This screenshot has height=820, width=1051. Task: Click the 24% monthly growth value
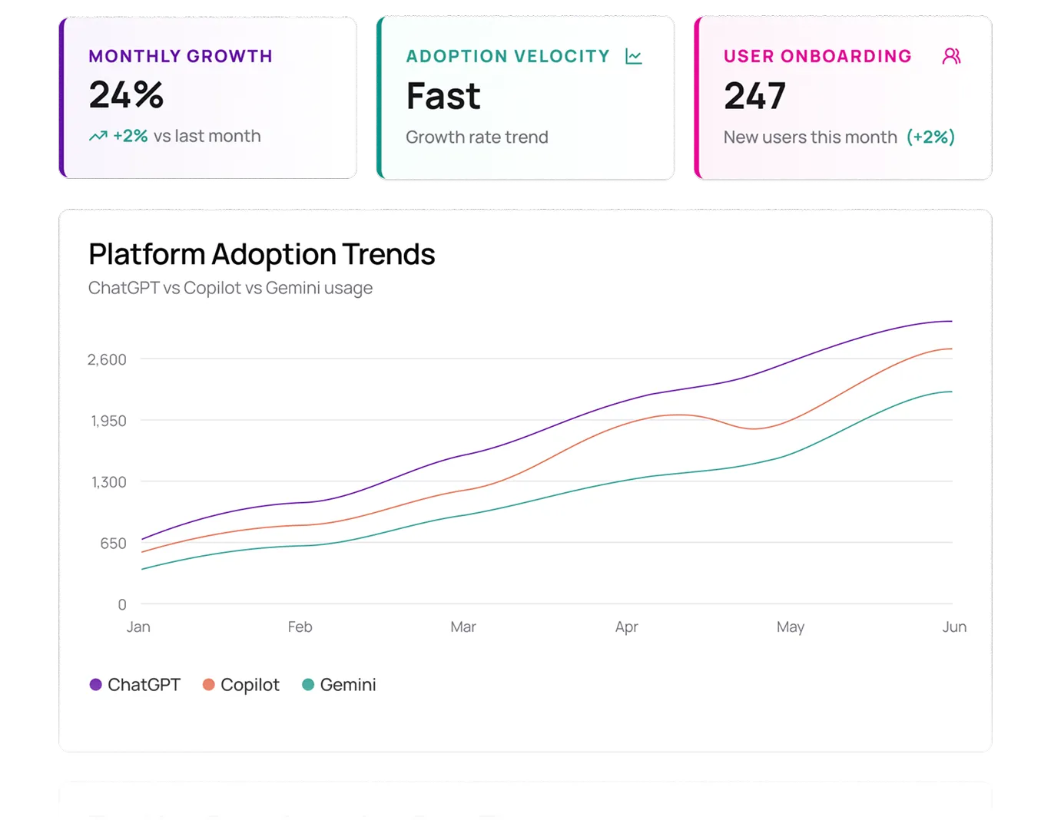point(126,95)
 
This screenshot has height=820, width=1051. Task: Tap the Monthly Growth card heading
point(181,56)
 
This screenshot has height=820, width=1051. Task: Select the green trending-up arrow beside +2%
point(98,136)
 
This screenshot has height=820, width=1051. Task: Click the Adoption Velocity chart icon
point(633,56)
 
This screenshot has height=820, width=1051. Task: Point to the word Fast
point(443,97)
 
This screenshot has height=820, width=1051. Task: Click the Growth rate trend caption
point(476,137)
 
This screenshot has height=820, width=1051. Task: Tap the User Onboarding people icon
point(951,56)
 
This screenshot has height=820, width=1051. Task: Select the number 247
point(754,97)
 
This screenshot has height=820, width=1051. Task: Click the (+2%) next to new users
point(930,137)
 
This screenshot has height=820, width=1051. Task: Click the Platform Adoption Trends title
point(261,254)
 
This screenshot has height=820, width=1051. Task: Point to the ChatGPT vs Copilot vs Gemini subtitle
point(230,288)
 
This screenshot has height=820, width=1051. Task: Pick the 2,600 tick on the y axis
point(107,359)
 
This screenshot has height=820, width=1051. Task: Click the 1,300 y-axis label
point(108,482)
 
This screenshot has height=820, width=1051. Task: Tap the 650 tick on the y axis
point(113,544)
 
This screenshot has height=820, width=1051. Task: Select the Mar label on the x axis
point(463,627)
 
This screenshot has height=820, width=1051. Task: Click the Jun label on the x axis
point(953,627)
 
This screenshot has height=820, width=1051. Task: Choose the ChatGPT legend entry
point(135,684)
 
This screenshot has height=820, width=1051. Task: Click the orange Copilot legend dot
point(208,684)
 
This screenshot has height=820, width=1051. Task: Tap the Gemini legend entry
point(339,684)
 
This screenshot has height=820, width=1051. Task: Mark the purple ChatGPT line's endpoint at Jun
point(951,321)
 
